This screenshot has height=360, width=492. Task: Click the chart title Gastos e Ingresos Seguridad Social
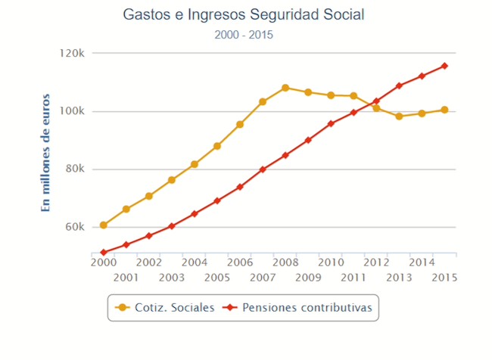244,14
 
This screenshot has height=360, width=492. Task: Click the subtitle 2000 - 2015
244,34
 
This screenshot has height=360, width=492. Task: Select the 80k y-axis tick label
73,169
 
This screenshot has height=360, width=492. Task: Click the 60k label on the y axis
73,227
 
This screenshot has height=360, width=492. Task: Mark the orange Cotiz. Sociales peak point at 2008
285,88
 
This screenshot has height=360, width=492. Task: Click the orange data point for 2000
103,225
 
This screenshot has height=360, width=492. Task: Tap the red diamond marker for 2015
444,66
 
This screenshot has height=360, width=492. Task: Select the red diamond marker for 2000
103,253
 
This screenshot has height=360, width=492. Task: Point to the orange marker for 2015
444,110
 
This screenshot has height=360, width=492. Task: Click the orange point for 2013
399,116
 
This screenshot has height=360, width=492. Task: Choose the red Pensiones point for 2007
263,169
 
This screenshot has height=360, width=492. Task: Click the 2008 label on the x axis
285,262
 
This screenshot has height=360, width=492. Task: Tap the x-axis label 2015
444,277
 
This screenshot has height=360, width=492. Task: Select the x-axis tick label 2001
126,277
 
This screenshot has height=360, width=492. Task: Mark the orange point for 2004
195,164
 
